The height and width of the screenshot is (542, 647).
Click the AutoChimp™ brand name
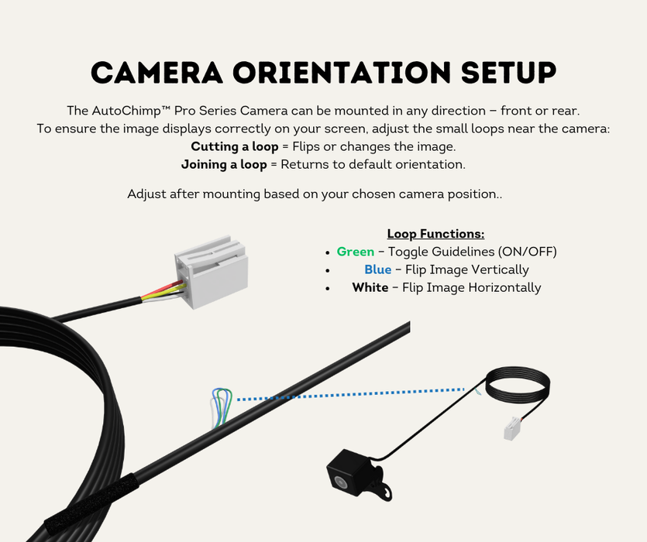pos(133,111)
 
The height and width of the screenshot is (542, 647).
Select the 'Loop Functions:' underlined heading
pos(435,234)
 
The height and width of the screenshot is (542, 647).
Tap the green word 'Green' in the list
pos(355,252)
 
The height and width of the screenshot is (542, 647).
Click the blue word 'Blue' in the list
pos(377,269)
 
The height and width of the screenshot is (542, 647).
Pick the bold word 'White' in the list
pos(370,287)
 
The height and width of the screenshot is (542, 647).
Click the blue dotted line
pos(349,395)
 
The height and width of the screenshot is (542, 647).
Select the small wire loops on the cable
pos(220,406)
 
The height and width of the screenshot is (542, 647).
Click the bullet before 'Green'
pos(329,252)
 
